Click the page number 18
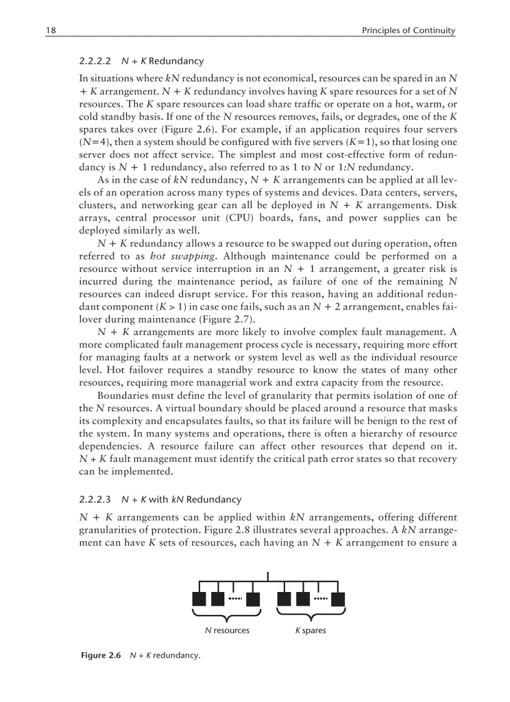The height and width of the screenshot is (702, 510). click(x=49, y=30)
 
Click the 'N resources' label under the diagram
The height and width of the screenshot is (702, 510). click(x=227, y=630)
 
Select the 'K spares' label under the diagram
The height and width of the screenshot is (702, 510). click(x=311, y=630)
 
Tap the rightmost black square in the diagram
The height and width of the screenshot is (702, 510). click(x=337, y=599)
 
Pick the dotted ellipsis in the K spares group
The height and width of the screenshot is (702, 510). click(x=321, y=599)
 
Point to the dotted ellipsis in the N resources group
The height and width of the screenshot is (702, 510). click(x=235, y=599)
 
